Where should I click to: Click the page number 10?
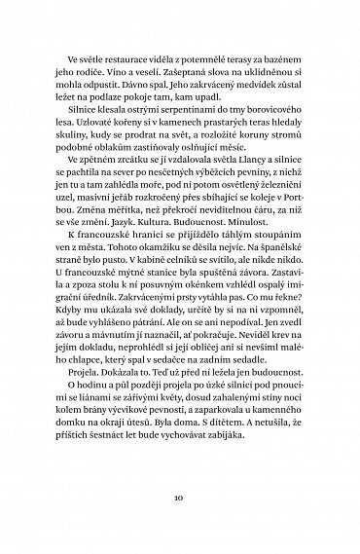point(180,497)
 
